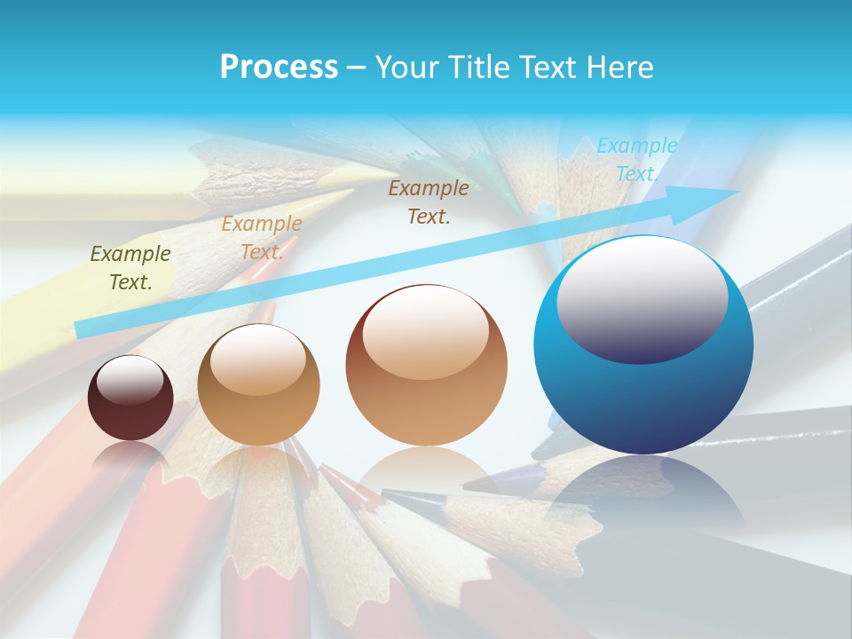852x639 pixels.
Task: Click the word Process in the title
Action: coord(279,67)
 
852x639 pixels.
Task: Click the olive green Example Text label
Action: coord(130,268)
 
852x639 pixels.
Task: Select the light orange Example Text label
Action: coord(261,238)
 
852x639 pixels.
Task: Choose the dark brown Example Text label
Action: coord(429,201)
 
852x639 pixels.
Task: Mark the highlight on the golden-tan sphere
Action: coord(257,359)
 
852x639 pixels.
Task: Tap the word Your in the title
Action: coord(406,67)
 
